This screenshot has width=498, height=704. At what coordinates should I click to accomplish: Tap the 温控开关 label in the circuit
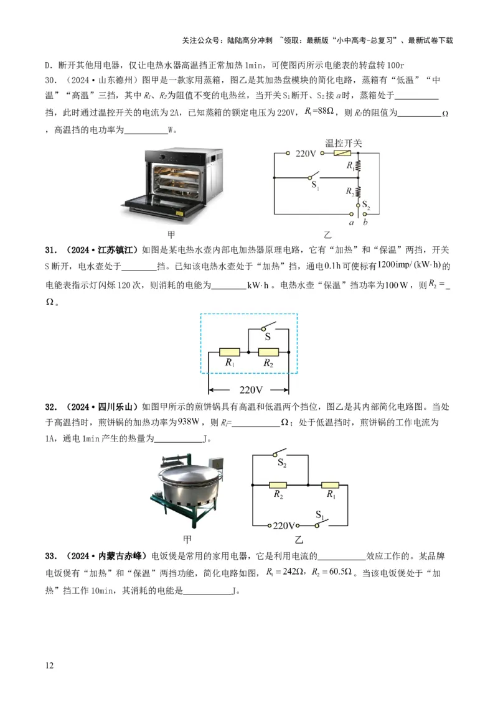tap(344, 142)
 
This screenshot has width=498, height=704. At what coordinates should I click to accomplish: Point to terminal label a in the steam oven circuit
tap(352, 222)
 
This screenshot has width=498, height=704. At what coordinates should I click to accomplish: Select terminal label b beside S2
tap(366, 222)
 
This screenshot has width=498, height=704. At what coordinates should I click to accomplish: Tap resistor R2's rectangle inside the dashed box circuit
tap(268, 352)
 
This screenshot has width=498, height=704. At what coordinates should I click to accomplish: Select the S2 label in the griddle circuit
tap(282, 463)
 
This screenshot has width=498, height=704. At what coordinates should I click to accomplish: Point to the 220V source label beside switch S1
tap(284, 526)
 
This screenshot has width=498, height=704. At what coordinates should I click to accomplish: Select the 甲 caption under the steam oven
tap(172, 235)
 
